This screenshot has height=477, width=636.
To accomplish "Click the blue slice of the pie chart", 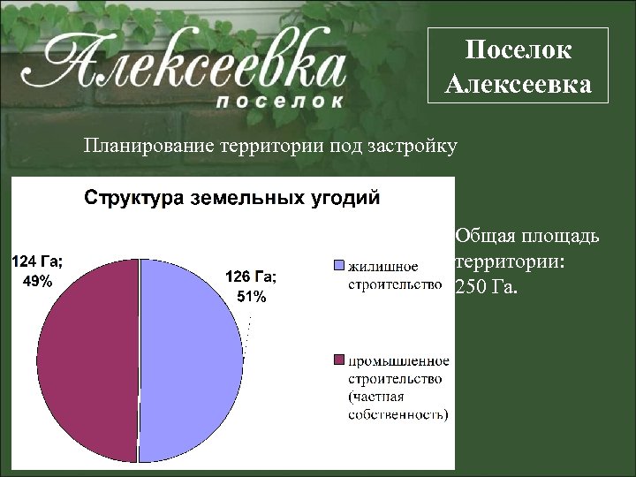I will tap(190, 362).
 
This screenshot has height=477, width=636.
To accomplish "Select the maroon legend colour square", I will tap(338, 360).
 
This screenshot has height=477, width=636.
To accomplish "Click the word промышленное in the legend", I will tap(397, 360).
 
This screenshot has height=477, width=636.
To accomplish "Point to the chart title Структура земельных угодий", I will tap(232, 197).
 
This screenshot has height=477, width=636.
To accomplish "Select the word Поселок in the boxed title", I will tap(519, 51).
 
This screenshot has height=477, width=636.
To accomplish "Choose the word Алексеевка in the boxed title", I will tap(519, 85).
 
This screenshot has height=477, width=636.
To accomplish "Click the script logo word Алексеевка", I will tap(190, 66).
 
